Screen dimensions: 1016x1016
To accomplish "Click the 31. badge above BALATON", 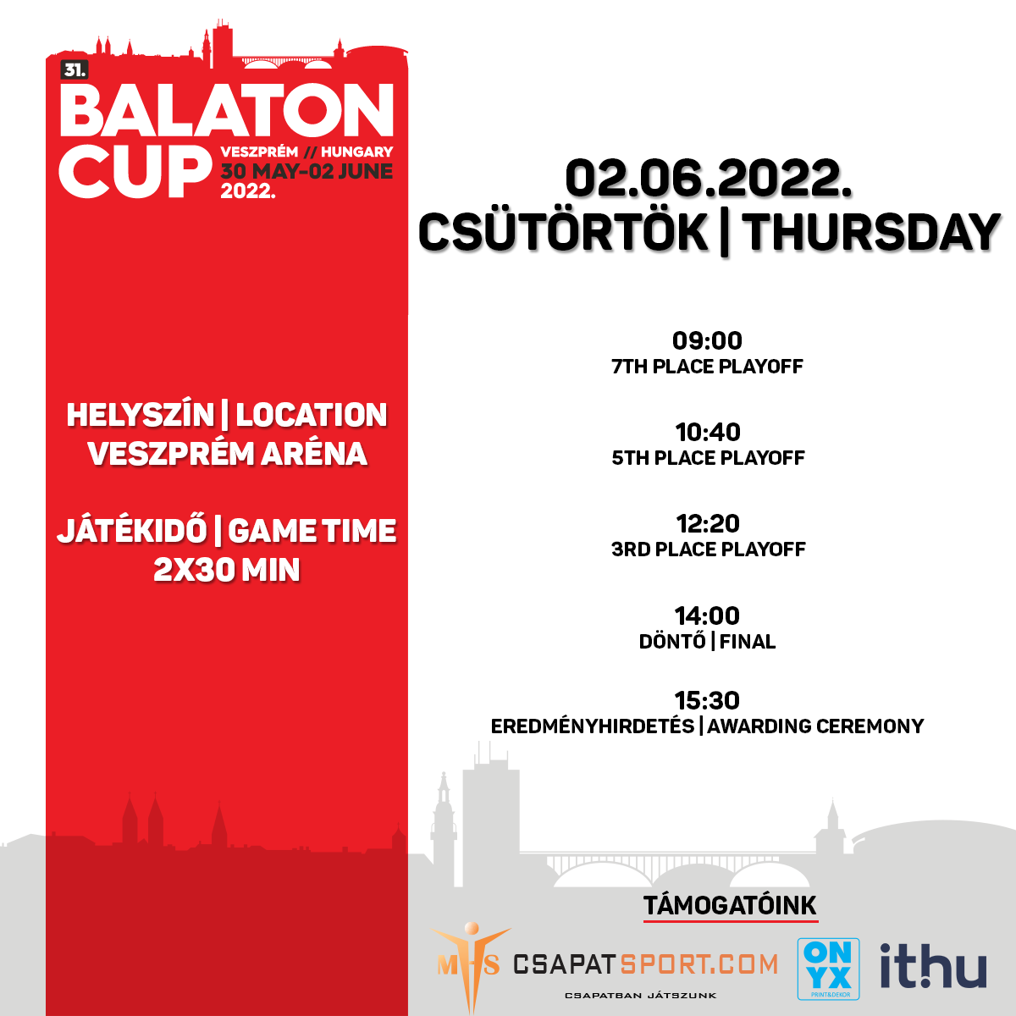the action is point(75,70).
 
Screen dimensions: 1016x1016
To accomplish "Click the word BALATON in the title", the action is point(227,110).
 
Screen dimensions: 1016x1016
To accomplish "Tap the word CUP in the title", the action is point(135,172).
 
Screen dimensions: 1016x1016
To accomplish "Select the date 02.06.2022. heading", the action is point(709,179).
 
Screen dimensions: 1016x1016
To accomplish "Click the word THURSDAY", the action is point(871,233).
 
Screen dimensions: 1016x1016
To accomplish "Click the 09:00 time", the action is point(707,340).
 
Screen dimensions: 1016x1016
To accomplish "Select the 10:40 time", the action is point(708,433).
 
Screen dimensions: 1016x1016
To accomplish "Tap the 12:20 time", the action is point(708,523).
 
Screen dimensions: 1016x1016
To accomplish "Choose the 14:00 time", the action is point(707,616).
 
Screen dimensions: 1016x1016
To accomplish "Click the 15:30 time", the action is point(707,700).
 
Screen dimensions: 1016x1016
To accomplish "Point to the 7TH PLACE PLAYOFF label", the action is point(707,367).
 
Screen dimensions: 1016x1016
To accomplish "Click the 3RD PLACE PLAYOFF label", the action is point(708,549).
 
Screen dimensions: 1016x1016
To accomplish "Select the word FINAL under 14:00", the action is point(748,642).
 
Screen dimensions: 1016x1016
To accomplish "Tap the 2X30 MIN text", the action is point(227,570).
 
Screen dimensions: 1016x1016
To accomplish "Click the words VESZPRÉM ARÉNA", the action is point(227,454).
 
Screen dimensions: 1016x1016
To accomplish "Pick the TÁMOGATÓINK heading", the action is point(730,906).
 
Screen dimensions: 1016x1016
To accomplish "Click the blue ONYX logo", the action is point(828,969).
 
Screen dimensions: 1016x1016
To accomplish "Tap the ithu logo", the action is point(933,965).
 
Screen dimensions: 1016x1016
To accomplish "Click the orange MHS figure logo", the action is point(471,966).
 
